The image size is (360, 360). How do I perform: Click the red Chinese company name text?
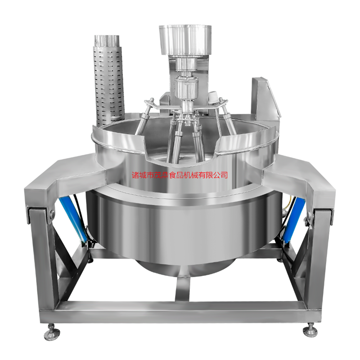pyautogui.click(x=180, y=175)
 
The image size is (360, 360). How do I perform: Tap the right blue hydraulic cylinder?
pyautogui.click(x=293, y=219)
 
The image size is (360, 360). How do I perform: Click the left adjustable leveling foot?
pyautogui.click(x=52, y=331)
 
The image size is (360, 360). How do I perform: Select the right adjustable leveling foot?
pyautogui.click(x=310, y=330)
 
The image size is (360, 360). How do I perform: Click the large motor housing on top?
pyautogui.click(x=185, y=40)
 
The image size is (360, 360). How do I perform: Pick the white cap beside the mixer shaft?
pyautogui.click(x=213, y=97)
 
